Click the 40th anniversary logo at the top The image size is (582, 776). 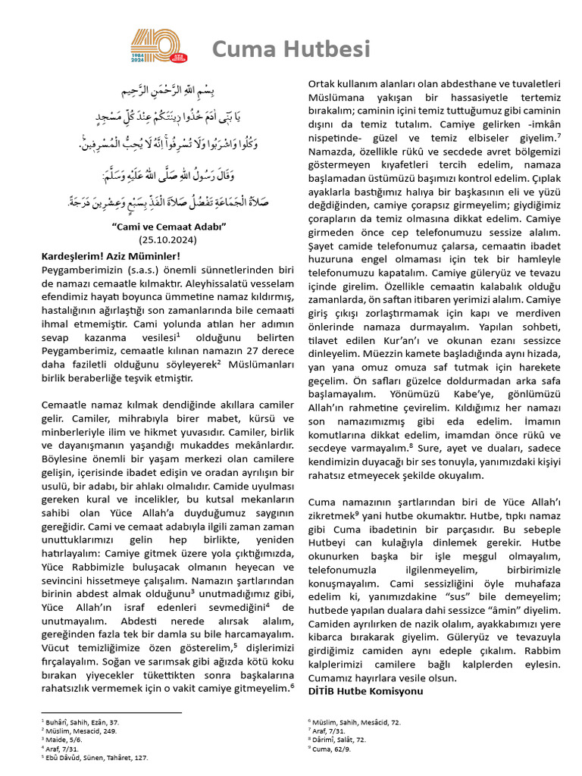tap(159, 47)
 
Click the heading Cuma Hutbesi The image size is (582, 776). tap(291, 49)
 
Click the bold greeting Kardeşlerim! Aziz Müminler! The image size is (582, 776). tap(111, 256)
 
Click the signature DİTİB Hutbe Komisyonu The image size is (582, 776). tap(365, 691)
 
